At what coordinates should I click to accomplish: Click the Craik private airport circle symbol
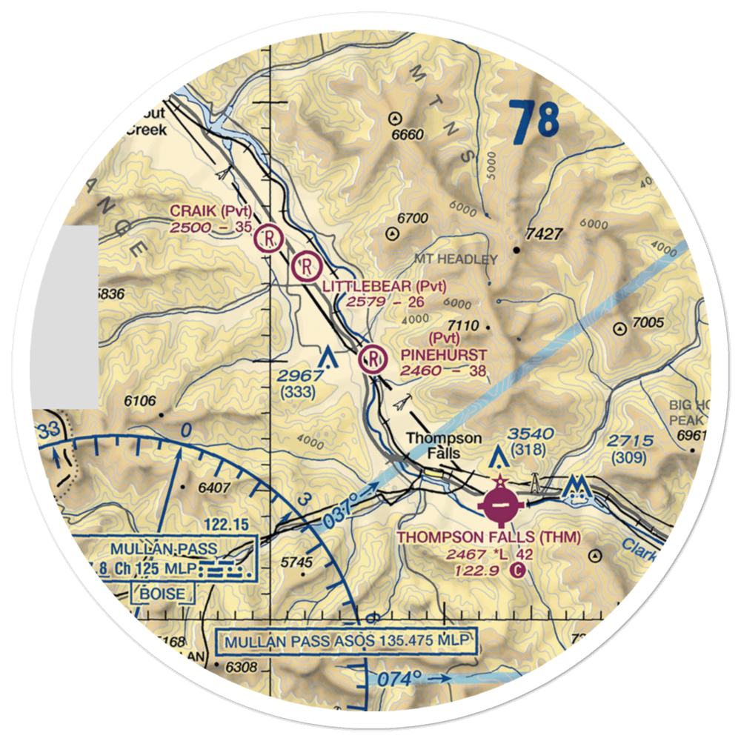(x=268, y=239)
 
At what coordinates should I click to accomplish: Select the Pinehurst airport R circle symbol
(x=373, y=361)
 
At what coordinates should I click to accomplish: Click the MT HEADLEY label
(x=456, y=259)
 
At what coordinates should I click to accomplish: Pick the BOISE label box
(x=164, y=593)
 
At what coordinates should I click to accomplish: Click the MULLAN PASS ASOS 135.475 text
(x=346, y=640)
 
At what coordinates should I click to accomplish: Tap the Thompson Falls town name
(x=444, y=446)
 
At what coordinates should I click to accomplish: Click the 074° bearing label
(x=400, y=678)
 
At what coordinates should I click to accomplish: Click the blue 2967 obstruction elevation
(x=300, y=376)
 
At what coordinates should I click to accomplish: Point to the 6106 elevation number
(x=141, y=402)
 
